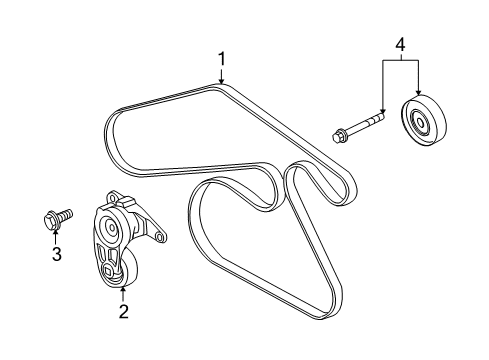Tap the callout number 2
[x=123, y=312]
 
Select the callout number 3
[x=56, y=255]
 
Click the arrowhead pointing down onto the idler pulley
[x=416, y=97]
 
